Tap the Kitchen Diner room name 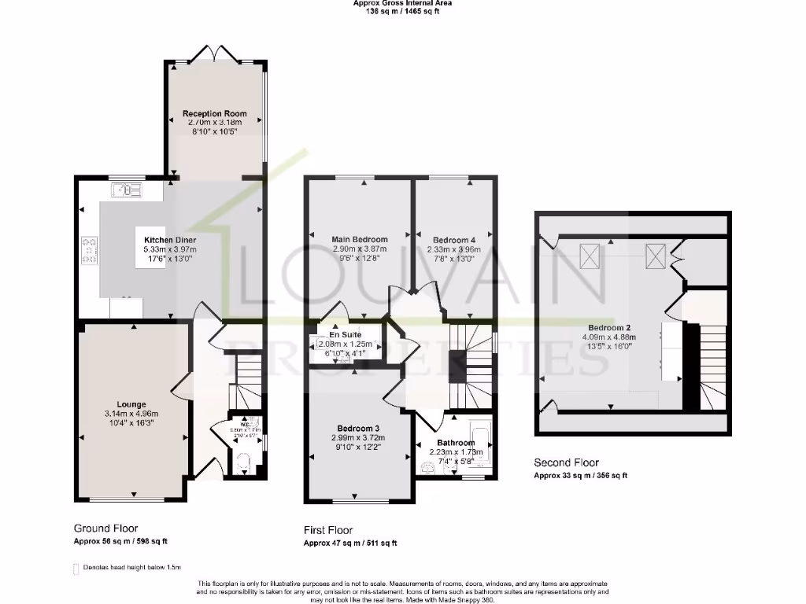[x=170, y=240]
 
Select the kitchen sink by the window [x=125, y=189]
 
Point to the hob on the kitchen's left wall [x=88, y=250]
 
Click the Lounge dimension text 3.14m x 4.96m [x=131, y=414]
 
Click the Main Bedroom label [x=359, y=239]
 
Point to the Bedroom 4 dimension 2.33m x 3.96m [x=454, y=249]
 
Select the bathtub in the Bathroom [x=478, y=445]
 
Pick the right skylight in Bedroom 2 [x=655, y=256]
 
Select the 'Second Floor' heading [x=566, y=462]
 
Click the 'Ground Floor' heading [x=105, y=528]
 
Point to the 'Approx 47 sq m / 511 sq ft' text [x=350, y=543]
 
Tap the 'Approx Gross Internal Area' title [x=402, y=3]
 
